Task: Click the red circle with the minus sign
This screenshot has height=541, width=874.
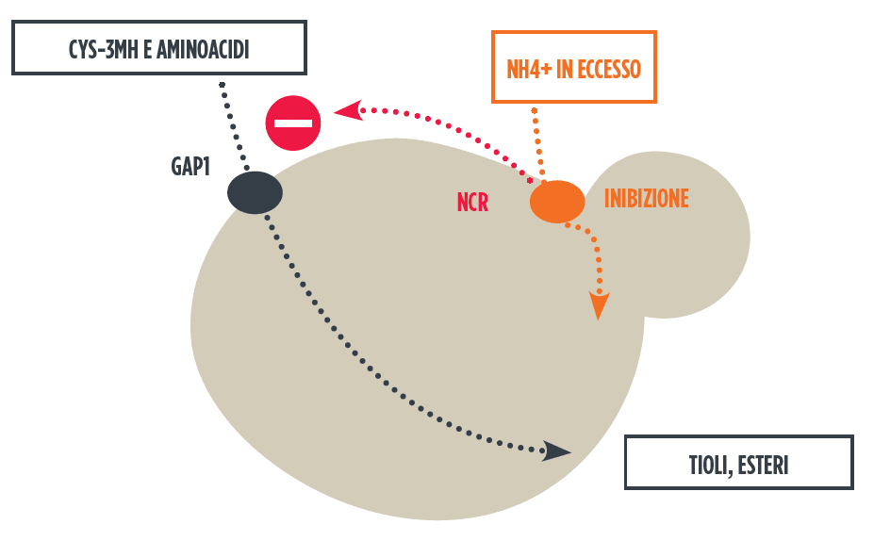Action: pyautogui.click(x=293, y=123)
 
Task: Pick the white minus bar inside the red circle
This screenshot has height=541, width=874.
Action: pyautogui.click(x=293, y=123)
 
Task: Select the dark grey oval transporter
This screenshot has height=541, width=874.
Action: pyautogui.click(x=255, y=192)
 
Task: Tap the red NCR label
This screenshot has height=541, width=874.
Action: pyautogui.click(x=472, y=202)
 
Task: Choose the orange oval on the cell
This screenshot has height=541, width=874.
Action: pyautogui.click(x=556, y=201)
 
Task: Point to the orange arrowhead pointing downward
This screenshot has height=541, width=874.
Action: pyautogui.click(x=598, y=305)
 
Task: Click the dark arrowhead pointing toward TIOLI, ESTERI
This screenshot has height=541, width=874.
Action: pyautogui.click(x=557, y=451)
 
